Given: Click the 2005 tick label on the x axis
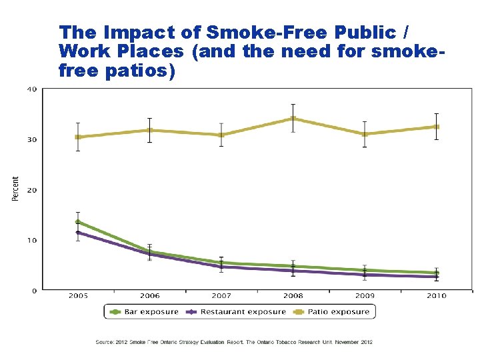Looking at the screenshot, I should click(x=78, y=295).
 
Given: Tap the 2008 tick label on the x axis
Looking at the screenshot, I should click(x=293, y=295).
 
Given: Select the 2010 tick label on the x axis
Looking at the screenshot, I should click(x=436, y=295).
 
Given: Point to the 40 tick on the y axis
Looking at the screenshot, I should click(x=31, y=89).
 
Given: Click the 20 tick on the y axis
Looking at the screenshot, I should click(x=31, y=190).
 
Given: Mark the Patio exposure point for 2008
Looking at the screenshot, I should click(x=293, y=119).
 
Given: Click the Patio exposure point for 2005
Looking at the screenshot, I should click(x=78, y=137).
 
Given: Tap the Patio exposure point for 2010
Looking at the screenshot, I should click(x=436, y=127).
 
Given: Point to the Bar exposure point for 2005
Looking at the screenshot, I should click(x=78, y=222).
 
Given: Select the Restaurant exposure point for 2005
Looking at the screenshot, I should click(x=78, y=233).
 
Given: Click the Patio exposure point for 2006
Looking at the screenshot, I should click(x=150, y=131).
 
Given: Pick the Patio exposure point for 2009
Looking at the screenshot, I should click(x=365, y=134).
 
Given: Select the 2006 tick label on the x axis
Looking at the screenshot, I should click(x=150, y=295).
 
